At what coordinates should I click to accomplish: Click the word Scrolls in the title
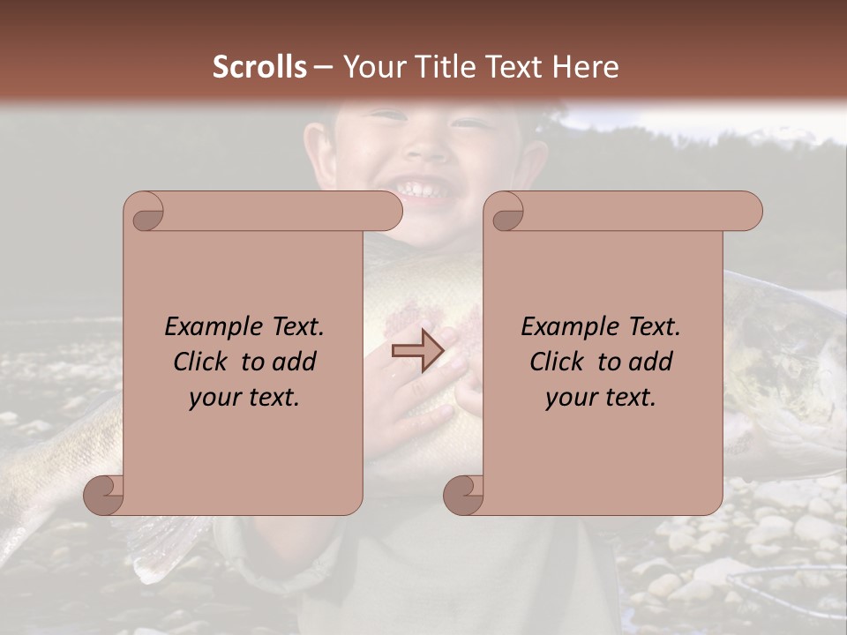coord(259,67)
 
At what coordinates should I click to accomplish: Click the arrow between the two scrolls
coord(417,351)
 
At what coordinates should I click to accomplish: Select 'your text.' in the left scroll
coord(244,398)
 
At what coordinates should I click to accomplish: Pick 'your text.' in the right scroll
coord(601,398)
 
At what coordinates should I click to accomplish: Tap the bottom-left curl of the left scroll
coord(104,496)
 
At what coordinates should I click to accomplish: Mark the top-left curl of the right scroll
coord(506,212)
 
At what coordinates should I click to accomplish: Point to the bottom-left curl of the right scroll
coord(464,496)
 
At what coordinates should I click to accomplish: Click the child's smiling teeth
coord(422,189)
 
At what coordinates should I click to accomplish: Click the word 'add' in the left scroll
coord(295,362)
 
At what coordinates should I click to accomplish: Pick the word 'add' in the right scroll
coord(651,362)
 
